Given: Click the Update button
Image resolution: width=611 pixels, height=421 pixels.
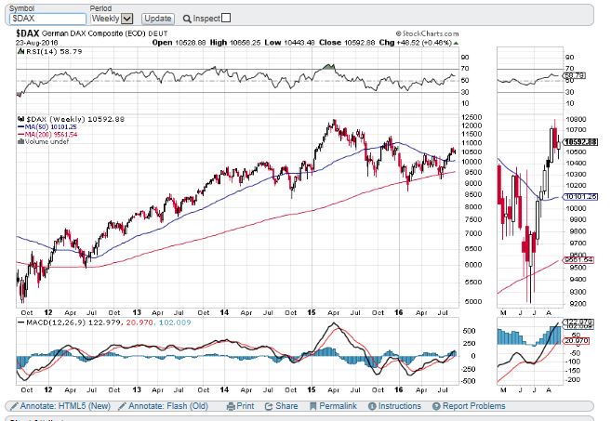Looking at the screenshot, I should [158, 18].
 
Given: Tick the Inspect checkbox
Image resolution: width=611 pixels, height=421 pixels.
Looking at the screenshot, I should [227, 18].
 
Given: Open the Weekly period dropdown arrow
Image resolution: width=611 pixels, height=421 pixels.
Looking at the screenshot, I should [126, 19].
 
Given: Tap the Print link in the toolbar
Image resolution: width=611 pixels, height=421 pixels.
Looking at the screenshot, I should [241, 406].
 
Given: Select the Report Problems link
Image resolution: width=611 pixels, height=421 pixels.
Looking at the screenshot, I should [470, 406].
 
